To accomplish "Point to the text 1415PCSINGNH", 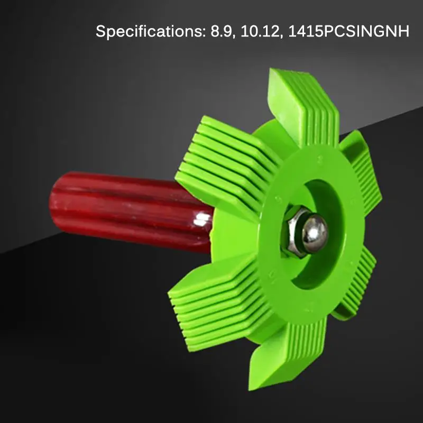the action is tap(348, 31).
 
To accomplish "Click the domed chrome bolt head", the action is tap(315, 232).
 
